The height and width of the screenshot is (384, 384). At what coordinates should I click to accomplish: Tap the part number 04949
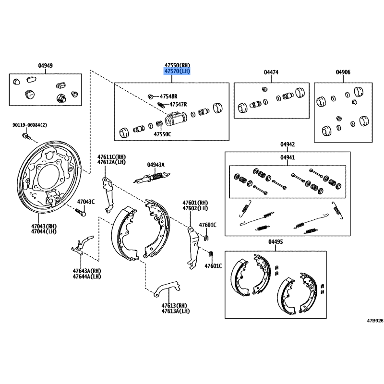click(46, 66)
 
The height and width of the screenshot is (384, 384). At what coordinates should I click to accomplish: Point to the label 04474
click(271, 72)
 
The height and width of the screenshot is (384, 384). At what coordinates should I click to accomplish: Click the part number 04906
click(343, 72)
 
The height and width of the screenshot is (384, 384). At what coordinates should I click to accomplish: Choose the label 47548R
click(168, 96)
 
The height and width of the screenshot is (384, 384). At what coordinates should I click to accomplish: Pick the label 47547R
click(178, 104)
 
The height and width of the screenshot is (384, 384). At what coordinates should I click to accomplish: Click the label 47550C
click(162, 134)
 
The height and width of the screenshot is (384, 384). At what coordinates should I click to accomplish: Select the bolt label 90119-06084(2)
click(30, 126)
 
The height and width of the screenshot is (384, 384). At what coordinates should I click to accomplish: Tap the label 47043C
click(86, 201)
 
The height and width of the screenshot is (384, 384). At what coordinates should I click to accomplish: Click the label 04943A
click(156, 165)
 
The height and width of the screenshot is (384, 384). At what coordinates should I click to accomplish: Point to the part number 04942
click(288, 144)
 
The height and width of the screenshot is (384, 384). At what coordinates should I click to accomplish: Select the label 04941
click(288, 157)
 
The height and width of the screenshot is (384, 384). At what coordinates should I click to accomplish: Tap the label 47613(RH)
click(174, 305)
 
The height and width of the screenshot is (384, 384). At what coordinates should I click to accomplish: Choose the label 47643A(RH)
click(87, 271)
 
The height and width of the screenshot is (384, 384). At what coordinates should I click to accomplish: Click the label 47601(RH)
click(195, 203)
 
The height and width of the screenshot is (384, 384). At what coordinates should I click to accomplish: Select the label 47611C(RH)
click(111, 156)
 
